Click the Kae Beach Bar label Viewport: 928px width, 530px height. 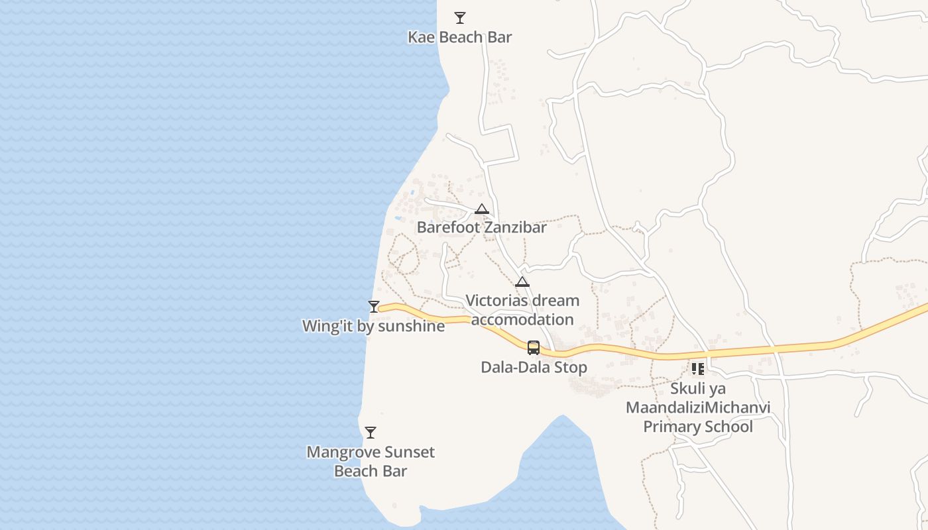(x=459, y=37)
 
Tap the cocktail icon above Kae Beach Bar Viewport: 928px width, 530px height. (x=459, y=18)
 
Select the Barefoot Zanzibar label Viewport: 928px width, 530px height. (x=481, y=227)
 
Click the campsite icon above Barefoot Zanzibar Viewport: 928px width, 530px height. (x=482, y=209)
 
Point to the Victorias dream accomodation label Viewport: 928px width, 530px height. (x=522, y=310)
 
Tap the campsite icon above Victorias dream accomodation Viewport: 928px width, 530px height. (x=522, y=282)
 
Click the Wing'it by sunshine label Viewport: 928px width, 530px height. (x=373, y=326)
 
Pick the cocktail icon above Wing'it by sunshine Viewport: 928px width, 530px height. (x=374, y=306)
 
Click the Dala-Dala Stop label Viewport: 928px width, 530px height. (x=534, y=367)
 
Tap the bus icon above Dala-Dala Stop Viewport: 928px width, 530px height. (x=534, y=347)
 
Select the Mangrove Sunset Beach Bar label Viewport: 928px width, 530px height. (x=371, y=462)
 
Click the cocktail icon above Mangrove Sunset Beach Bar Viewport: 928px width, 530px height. (x=371, y=433)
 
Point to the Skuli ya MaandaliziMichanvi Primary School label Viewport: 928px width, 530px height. (x=698, y=407)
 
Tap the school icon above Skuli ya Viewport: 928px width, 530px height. (x=697, y=369)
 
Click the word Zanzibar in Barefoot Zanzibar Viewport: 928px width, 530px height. (x=515, y=227)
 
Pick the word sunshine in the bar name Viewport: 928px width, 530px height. (x=411, y=326)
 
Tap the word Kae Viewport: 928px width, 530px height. (x=421, y=37)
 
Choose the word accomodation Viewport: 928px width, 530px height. (x=522, y=319)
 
